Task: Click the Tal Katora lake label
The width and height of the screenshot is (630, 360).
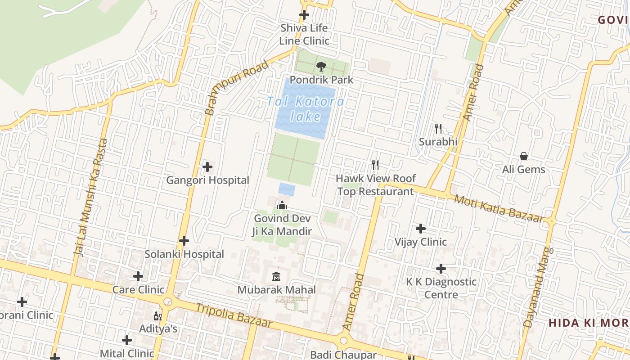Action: [306, 109]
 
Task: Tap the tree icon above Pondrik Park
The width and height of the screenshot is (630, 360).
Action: [321, 67]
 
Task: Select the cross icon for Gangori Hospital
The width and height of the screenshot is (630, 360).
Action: [207, 167]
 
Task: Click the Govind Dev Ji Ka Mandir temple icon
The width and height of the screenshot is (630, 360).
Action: [282, 206]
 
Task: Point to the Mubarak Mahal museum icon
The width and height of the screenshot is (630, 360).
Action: [277, 276]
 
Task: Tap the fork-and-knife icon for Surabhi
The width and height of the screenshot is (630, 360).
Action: [438, 129]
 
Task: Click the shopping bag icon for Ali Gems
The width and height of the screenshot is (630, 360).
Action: [524, 157]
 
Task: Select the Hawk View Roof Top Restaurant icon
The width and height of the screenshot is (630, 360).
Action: [376, 165]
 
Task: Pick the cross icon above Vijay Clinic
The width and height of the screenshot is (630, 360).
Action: [421, 229]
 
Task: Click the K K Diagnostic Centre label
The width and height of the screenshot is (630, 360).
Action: [441, 288]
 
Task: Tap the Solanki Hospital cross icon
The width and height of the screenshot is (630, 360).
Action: [184, 241]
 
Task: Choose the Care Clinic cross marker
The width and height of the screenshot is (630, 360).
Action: [138, 276]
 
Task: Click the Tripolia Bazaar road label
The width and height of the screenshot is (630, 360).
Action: [234, 315]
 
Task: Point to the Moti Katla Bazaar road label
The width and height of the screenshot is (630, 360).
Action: [499, 208]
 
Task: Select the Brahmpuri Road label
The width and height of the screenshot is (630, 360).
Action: [237, 87]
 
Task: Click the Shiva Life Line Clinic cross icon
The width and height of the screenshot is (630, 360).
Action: [305, 15]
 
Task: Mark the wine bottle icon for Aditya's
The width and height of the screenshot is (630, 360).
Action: [157, 316]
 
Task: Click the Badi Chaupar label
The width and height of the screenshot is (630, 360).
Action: [343, 355]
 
